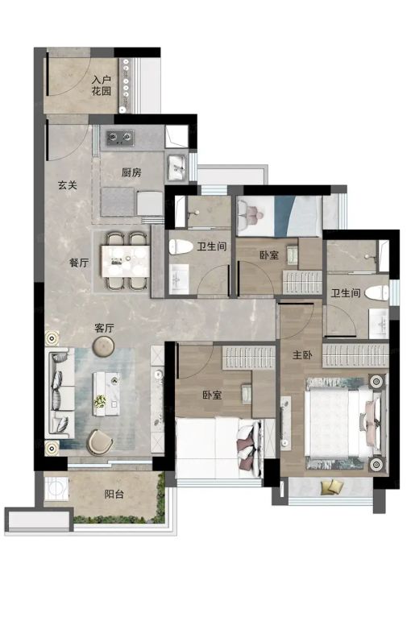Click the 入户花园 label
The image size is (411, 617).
pos(102,85)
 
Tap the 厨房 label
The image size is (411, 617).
pos(131,172)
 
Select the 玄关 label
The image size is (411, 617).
pos(68,185)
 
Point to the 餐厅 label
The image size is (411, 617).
pos(79,263)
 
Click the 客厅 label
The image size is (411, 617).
pos(104,328)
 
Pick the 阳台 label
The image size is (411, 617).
pos(114,494)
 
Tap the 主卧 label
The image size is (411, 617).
pos(302,355)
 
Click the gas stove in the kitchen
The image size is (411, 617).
pos(120,137)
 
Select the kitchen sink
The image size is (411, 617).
pos(177,166)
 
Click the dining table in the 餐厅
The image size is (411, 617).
pos(125,260)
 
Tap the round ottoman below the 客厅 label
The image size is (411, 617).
pos(103,346)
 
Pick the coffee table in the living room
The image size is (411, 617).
pos(106,394)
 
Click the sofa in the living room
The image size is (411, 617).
pos(61,393)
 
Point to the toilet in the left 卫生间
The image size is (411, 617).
pos(181,246)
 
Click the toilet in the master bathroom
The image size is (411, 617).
pos(376,292)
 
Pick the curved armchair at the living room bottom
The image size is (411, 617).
pos(101,442)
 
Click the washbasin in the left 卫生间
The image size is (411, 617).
pos(179,279)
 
